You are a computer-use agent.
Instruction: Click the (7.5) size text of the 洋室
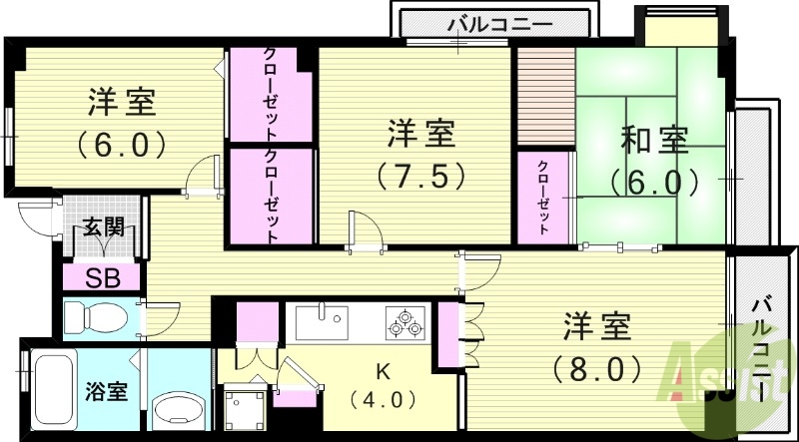pos(420,176)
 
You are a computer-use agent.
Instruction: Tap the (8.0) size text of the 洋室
pos(596,369)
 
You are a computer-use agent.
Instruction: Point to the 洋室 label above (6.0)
pos(121,102)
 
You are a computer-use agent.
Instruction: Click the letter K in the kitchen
pos(381,371)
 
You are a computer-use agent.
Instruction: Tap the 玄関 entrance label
pos(103,228)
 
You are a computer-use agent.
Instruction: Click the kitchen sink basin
pos(320,322)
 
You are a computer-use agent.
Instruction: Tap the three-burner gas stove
pos(404,322)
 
